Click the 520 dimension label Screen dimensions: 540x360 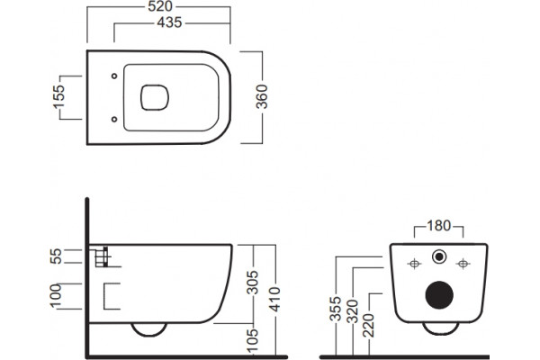[x=160, y=6]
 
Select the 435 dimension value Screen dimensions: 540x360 [x=169, y=22]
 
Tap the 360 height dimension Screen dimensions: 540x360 [x=262, y=97]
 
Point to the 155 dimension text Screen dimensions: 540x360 [x=58, y=97]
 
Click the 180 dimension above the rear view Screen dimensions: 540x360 [x=439, y=226]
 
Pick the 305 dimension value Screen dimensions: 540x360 [x=253, y=283]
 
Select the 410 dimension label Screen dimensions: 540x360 [x=275, y=299]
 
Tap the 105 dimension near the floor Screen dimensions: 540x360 [x=253, y=340]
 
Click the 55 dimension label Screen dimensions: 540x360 [x=56, y=256]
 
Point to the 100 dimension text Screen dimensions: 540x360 [x=56, y=296]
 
